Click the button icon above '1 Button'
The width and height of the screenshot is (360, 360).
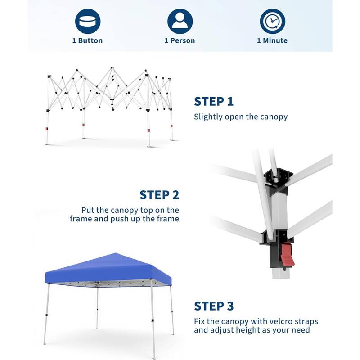[88, 21]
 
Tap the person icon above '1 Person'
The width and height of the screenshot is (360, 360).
[180, 21]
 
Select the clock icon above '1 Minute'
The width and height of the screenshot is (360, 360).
[272, 21]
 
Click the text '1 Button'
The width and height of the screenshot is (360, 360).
[88, 40]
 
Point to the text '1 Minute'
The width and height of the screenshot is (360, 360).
[272, 40]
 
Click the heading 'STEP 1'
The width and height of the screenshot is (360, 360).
[214, 102]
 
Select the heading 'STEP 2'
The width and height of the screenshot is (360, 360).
[159, 195]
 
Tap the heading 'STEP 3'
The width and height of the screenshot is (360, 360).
[214, 306]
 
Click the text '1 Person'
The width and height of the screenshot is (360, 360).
[180, 40]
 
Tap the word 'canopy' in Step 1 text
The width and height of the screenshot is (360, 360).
[273, 117]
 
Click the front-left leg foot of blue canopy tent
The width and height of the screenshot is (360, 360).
[44, 343]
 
